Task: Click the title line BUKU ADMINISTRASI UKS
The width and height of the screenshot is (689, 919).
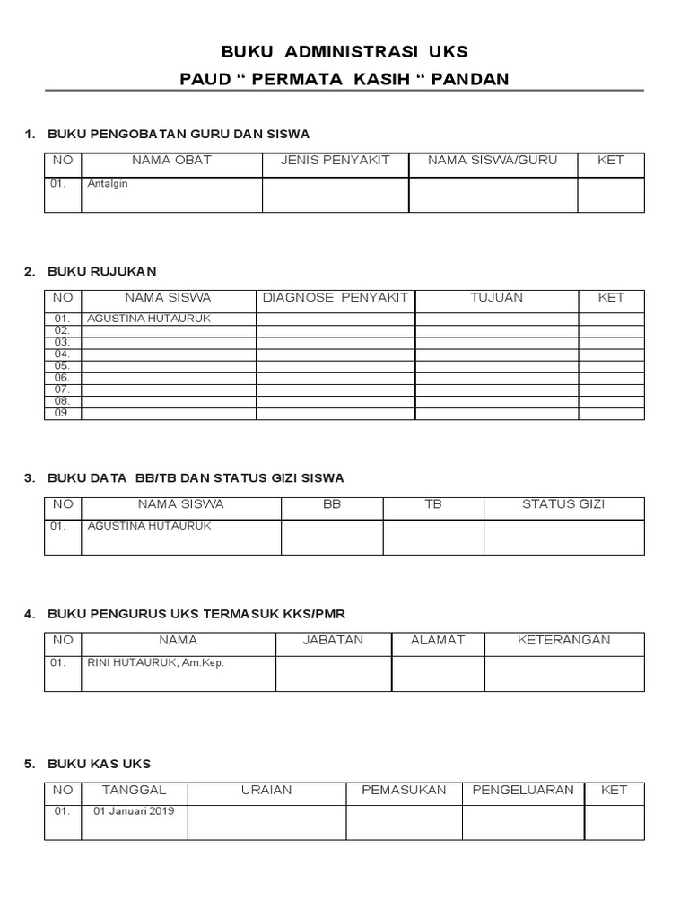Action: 344,51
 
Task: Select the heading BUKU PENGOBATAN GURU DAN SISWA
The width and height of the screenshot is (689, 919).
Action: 179,134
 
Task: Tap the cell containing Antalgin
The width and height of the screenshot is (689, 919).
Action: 108,184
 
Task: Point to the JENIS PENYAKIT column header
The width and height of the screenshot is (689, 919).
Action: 335,161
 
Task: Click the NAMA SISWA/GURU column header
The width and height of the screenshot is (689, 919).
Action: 493,161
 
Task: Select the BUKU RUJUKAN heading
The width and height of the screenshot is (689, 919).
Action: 102,271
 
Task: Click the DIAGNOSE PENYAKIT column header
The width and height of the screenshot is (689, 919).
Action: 335,297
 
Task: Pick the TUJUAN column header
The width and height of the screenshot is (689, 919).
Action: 496,297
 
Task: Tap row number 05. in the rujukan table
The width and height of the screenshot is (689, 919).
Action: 62,366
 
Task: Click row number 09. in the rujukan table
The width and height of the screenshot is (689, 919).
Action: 62,413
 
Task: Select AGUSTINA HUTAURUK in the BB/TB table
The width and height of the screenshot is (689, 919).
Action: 149,526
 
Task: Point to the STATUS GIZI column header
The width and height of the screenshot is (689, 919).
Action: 563,504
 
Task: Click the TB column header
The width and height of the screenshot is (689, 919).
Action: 433,504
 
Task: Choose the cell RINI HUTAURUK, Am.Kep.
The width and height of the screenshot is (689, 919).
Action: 155,662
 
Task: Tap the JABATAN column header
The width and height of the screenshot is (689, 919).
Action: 333,640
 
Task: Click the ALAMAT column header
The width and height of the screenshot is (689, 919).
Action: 438,640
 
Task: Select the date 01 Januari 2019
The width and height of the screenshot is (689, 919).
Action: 134,811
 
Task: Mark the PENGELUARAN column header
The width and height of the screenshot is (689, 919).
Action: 523,790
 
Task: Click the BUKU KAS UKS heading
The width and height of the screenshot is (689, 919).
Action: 99,764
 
